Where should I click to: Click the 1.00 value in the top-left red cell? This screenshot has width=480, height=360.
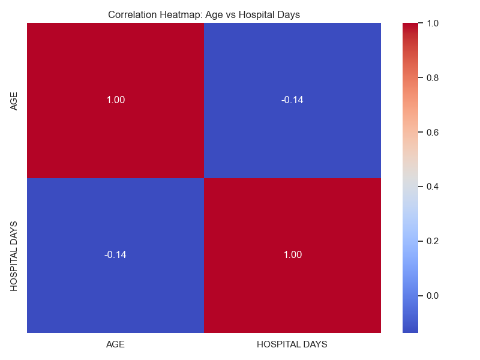pos(116,100)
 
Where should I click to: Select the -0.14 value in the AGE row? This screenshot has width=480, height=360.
pos(292,100)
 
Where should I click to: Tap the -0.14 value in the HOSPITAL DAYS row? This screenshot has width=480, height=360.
pos(115,254)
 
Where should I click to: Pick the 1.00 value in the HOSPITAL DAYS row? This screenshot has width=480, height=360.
pos(292,254)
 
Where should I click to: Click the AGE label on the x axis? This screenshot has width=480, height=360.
pos(116,344)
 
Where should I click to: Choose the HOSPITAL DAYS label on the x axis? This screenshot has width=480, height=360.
pos(292,344)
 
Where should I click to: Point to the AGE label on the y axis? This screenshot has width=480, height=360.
pos(14,100)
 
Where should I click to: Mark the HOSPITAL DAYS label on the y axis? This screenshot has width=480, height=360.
pos(14,256)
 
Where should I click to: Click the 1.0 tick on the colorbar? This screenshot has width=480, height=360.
pos(433,23)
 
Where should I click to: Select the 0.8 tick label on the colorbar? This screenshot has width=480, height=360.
pos(433,77)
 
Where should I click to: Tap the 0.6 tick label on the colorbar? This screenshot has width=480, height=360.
pos(433,132)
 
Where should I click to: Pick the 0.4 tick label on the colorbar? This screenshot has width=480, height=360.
pos(433,187)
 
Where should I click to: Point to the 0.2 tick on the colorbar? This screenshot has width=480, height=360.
pos(433,241)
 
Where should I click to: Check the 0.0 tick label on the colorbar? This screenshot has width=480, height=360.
pos(433,296)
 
